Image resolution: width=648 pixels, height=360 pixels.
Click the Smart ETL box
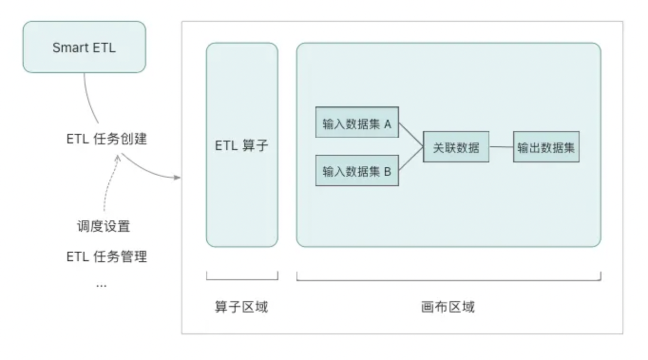[84, 47]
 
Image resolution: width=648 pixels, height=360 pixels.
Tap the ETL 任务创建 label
[106, 139]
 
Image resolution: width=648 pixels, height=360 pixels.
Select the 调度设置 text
[103, 227]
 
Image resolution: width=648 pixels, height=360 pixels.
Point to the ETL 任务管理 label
[106, 257]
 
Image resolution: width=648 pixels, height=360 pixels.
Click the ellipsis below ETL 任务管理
[101, 285]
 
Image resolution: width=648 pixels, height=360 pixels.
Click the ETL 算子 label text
[241, 145]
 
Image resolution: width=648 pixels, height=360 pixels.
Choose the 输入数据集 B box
[357, 171]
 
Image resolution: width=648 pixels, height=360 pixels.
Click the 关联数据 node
[456, 148]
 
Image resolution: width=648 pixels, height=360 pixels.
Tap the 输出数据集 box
[546, 148]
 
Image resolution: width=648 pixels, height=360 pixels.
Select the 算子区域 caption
[241, 307]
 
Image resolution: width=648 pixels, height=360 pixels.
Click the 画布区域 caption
[448, 307]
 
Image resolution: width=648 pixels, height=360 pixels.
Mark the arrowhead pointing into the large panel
[178, 178]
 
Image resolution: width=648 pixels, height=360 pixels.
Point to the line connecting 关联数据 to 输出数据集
[501, 147]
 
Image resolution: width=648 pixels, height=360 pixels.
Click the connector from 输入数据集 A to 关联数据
[410, 135]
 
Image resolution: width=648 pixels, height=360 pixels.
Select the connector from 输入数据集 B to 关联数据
[410, 160]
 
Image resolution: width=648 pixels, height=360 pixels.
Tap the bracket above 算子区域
[242, 279]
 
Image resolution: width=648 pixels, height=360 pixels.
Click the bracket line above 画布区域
[448, 280]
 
